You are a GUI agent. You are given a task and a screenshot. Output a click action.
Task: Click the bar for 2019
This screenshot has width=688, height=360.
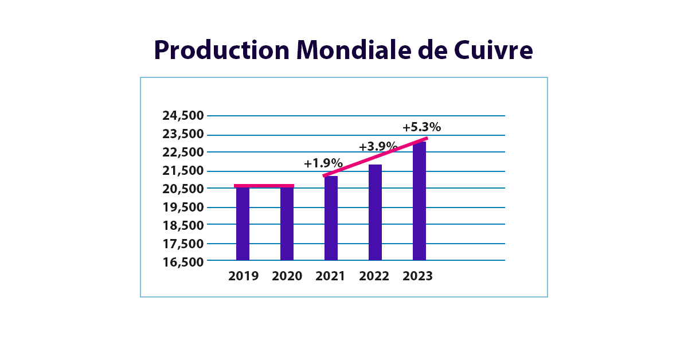click(x=243, y=224)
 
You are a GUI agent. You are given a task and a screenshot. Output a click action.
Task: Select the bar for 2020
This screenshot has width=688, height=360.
click(x=287, y=224)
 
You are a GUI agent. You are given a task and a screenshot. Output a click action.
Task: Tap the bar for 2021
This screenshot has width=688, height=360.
click(x=331, y=218)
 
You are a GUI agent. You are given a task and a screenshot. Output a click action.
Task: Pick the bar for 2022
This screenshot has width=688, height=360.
click(x=375, y=212)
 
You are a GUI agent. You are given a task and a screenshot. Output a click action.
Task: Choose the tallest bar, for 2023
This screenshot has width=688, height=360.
click(x=419, y=201)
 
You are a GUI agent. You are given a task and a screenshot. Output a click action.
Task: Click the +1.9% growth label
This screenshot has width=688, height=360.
click(x=323, y=163)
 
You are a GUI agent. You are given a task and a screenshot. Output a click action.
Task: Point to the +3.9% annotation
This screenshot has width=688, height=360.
click(x=378, y=146)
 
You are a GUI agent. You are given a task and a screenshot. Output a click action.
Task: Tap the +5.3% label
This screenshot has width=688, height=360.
click(x=421, y=127)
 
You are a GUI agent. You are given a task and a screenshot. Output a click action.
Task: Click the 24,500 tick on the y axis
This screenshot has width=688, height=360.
click(x=183, y=116)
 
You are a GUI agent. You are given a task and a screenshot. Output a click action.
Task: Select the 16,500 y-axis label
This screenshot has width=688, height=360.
click(x=183, y=262)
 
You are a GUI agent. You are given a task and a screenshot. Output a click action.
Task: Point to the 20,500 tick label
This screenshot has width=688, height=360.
click(x=183, y=189)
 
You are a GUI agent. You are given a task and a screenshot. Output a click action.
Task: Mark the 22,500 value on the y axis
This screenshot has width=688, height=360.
click(x=183, y=152)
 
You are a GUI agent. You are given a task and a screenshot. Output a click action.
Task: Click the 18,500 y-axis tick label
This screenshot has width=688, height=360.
click(x=183, y=225)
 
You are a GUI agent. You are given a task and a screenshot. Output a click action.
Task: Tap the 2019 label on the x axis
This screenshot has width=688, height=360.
click(x=243, y=276)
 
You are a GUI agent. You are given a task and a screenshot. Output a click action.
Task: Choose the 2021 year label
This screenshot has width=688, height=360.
click(x=330, y=276)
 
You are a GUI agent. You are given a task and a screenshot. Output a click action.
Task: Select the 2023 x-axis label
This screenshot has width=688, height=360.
click(x=417, y=276)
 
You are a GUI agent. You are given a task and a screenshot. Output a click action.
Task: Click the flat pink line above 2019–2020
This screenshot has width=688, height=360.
click(x=264, y=186)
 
